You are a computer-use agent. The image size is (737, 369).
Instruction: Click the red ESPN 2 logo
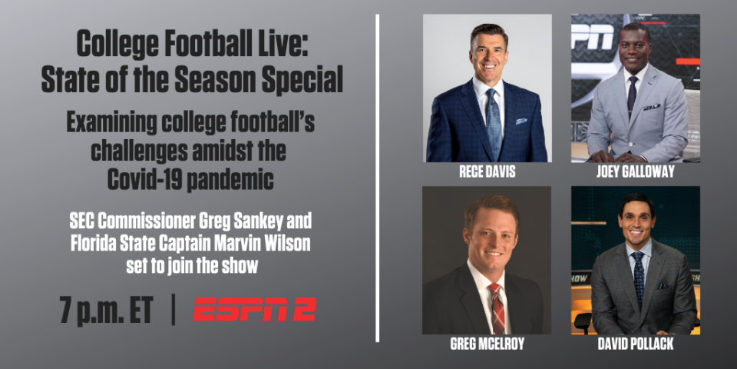click(x=254, y=309)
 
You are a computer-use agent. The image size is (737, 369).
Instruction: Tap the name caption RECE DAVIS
click(x=487, y=171)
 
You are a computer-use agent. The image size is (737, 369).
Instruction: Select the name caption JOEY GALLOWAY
click(x=636, y=171)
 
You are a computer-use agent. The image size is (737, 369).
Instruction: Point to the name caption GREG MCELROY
click(x=487, y=344)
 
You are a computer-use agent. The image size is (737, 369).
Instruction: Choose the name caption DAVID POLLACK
click(x=636, y=344)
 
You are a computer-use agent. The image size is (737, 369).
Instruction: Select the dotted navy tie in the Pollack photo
click(x=638, y=278)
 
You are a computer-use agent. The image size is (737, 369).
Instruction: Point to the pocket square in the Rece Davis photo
click(x=521, y=121)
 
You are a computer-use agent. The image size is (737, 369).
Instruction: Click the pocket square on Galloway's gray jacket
click(x=652, y=108)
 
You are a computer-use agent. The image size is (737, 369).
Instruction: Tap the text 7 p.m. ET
click(x=107, y=310)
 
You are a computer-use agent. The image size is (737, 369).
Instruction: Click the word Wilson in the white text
click(x=286, y=244)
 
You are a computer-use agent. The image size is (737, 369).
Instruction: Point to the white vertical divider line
click(x=377, y=178)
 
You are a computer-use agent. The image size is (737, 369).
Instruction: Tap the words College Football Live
click(x=192, y=45)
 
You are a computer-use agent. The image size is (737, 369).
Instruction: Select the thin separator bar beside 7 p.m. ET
click(x=173, y=309)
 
